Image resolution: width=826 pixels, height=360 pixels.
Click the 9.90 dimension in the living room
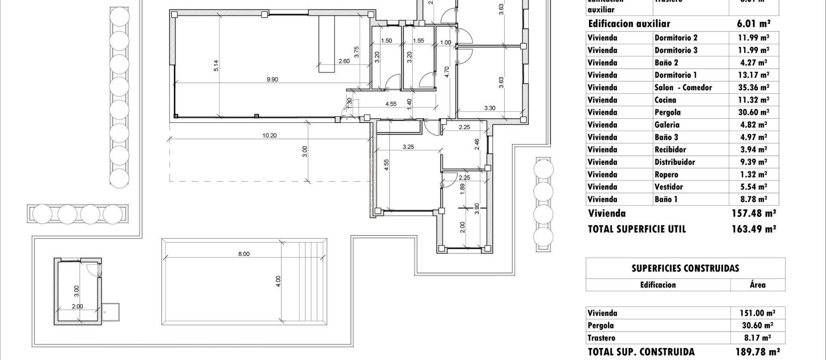[x=272, y=79]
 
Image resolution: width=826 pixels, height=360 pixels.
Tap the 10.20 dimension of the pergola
[x=269, y=135]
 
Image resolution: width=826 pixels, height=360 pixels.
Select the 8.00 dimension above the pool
[x=243, y=254]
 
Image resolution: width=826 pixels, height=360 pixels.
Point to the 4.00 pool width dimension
[x=278, y=281]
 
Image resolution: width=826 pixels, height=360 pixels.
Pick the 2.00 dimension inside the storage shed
[x=77, y=306]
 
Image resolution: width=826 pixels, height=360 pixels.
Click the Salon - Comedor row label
[x=683, y=87]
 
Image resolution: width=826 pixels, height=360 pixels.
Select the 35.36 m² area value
[x=753, y=87]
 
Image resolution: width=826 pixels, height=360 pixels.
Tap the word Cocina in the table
[x=665, y=100]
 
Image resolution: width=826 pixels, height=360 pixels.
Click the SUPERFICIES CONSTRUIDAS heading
[x=685, y=268]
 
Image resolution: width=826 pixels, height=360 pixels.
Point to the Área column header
[x=757, y=284]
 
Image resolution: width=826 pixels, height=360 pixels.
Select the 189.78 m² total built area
[x=757, y=351]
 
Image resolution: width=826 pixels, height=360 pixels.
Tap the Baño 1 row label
[x=666, y=199]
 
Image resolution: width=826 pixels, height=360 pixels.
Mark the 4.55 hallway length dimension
[x=391, y=104]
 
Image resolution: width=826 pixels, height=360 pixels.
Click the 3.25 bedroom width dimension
[x=408, y=147]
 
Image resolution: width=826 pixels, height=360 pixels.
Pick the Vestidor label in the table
[x=669, y=187]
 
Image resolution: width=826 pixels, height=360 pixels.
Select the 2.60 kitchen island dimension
[x=344, y=61]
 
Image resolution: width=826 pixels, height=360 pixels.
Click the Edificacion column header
[x=658, y=284]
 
